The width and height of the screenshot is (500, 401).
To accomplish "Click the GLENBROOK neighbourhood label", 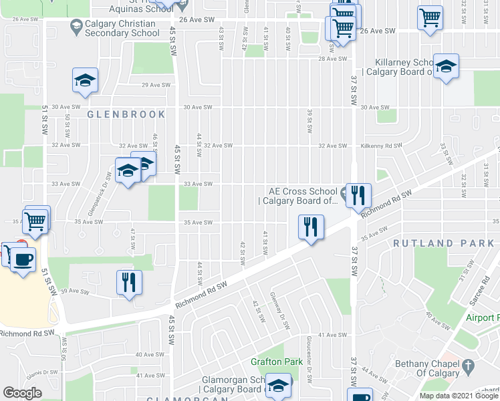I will pos(126,114).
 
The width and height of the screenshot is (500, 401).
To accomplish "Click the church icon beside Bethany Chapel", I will pos(469,365).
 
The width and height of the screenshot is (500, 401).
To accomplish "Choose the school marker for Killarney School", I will pos(446,66).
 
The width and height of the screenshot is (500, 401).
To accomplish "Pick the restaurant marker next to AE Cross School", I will pos(359,195).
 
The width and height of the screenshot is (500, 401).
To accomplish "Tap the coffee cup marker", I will pos(23,259).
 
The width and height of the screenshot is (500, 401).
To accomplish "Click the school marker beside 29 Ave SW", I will pos(85,80).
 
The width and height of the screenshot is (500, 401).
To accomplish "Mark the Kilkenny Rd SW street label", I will pos(381,146).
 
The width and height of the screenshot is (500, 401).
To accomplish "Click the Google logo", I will pos(22,393).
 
